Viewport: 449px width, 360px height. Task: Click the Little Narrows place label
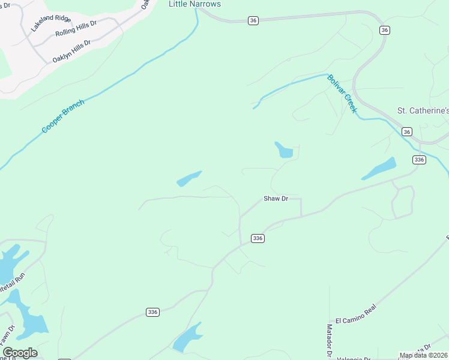[x=194, y=4]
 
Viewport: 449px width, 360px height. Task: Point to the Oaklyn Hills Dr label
[x=71, y=52]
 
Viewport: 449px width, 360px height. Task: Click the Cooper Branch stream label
[x=63, y=116]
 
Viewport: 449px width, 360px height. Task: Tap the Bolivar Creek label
[x=342, y=94]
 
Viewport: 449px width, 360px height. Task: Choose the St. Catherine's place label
[x=423, y=111]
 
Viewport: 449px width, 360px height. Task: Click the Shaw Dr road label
[x=276, y=198]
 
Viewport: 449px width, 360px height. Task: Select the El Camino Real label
[x=355, y=317]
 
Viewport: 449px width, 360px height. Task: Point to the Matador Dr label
[x=329, y=338]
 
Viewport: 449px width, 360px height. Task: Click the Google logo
[x=19, y=353]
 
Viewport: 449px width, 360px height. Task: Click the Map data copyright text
[x=423, y=355]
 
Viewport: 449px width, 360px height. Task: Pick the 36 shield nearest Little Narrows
[x=253, y=20]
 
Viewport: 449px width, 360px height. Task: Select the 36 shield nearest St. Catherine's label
[x=407, y=132]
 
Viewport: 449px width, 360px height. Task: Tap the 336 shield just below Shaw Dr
[x=258, y=238]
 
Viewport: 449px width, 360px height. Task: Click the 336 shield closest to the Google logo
[x=153, y=312]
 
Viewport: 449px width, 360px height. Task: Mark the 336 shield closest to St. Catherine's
[x=419, y=159]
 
